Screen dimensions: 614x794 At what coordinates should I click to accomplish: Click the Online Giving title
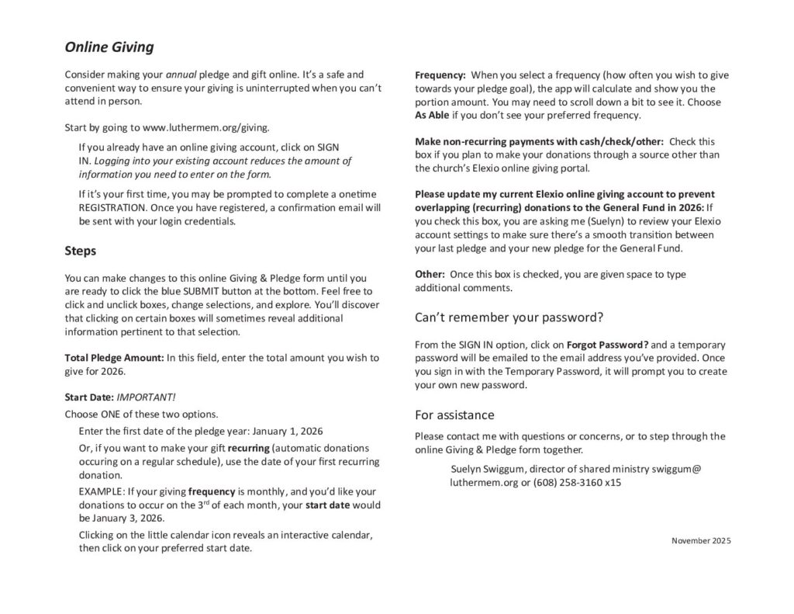[109, 47]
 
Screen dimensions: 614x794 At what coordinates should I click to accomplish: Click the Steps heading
[80, 251]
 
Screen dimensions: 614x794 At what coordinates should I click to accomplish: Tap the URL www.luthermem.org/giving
[207, 127]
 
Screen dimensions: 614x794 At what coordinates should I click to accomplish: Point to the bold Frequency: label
[440, 75]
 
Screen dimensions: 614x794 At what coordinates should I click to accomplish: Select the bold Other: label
[430, 274]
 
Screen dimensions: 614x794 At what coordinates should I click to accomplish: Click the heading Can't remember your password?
[509, 317]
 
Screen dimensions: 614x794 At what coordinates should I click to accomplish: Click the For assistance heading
[454, 415]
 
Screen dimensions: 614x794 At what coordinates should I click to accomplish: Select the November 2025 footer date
[700, 540]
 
